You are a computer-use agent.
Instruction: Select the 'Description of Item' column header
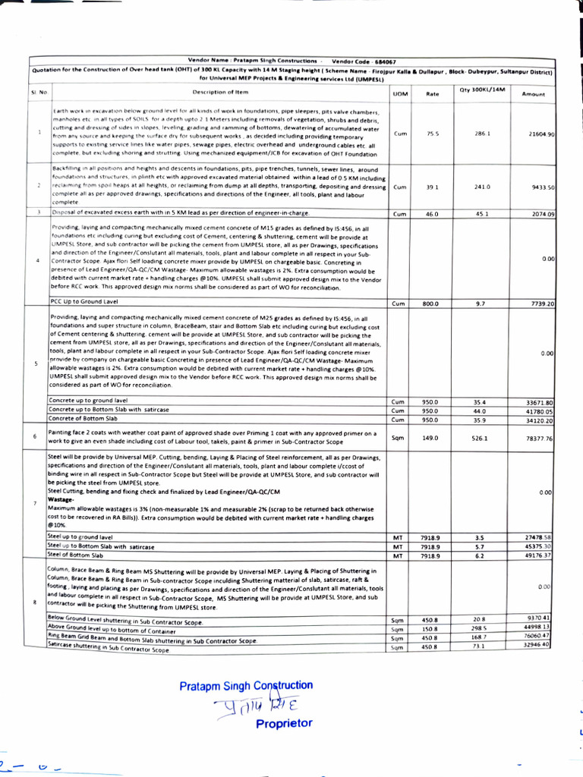(220, 92)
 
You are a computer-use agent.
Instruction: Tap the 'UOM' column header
(400, 93)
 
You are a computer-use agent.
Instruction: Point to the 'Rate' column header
(433, 93)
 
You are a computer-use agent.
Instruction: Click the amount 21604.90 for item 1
(541, 134)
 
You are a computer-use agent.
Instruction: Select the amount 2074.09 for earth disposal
(543, 214)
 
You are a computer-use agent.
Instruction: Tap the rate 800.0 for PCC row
(431, 304)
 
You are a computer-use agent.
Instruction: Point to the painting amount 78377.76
(541, 438)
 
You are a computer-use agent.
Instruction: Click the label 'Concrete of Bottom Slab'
(83, 418)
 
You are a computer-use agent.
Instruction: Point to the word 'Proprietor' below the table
(284, 723)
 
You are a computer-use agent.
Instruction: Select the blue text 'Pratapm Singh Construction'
(246, 686)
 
